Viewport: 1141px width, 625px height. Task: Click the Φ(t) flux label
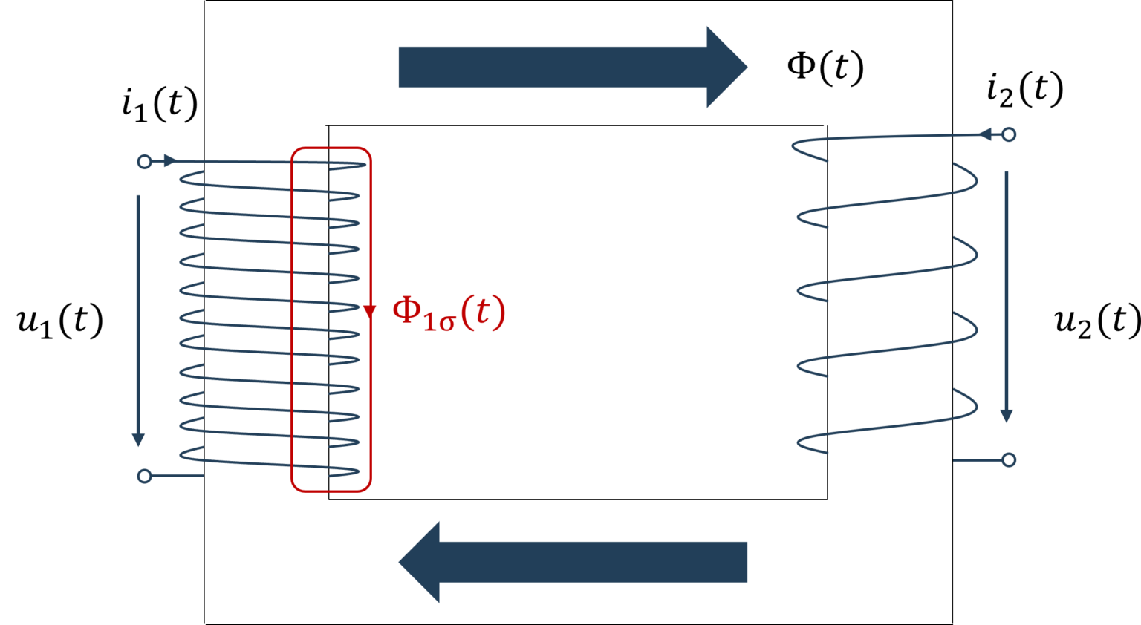click(825, 68)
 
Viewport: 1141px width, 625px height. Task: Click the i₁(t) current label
click(160, 105)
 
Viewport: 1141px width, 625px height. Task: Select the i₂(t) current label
click(1025, 90)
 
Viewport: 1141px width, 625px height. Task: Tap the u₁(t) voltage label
click(60, 321)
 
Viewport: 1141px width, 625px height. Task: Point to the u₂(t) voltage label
click(1097, 321)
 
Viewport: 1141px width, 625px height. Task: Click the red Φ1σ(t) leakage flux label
click(449, 313)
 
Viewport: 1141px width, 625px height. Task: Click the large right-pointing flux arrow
click(573, 68)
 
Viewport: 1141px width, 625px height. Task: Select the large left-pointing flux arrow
click(573, 562)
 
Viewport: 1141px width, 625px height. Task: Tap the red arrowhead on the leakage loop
click(370, 312)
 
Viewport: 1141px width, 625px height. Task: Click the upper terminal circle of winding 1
click(145, 162)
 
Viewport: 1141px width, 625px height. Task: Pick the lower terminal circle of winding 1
click(145, 476)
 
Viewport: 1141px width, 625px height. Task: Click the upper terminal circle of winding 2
click(1009, 134)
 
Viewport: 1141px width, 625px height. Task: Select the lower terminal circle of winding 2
click(1009, 460)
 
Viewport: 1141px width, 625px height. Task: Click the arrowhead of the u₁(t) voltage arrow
click(138, 439)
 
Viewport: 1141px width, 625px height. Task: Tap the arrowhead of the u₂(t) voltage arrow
click(1006, 416)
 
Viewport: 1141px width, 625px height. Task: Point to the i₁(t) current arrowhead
click(170, 161)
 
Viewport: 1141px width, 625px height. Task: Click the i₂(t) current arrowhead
click(984, 134)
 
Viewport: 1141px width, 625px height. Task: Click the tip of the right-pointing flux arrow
click(747, 68)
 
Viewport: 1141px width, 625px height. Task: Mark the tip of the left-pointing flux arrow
click(399, 562)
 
